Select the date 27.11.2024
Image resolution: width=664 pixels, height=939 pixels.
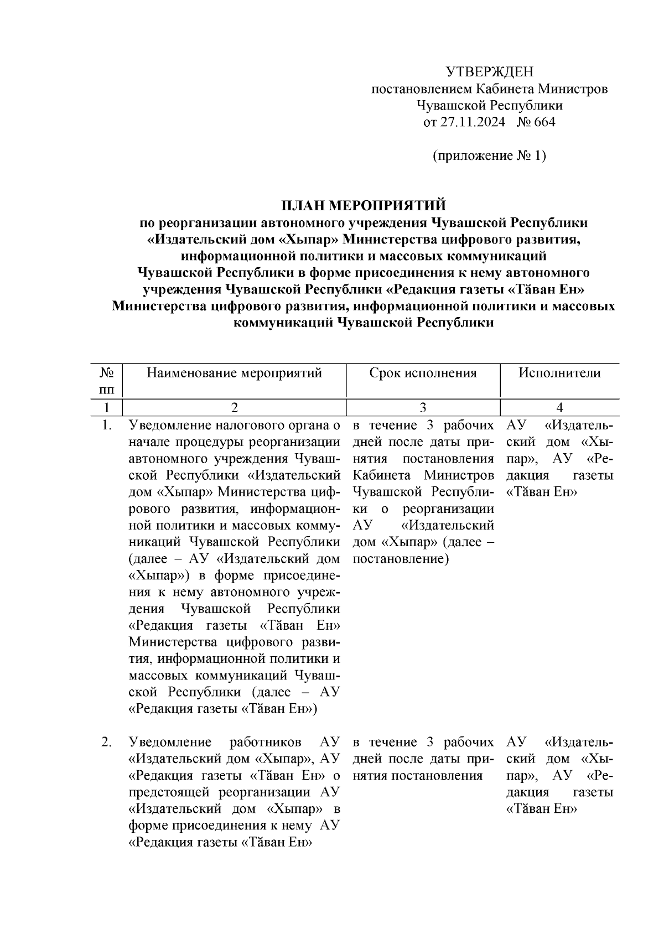(x=473, y=122)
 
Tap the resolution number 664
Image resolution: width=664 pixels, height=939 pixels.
(x=544, y=122)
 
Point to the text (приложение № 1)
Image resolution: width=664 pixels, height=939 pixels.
(x=489, y=155)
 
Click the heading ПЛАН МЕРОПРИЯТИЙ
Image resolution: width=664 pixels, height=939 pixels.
(x=364, y=206)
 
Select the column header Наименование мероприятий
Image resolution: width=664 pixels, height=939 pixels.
(x=234, y=373)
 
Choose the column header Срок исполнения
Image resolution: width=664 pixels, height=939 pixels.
(x=423, y=373)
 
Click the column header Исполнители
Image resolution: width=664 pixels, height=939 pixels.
(x=559, y=373)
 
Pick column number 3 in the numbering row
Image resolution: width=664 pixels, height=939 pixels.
(x=423, y=408)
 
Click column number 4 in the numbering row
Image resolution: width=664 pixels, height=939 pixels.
(x=559, y=408)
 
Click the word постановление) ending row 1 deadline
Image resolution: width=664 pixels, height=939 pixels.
(x=400, y=559)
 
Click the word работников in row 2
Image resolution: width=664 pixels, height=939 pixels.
(x=266, y=742)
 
